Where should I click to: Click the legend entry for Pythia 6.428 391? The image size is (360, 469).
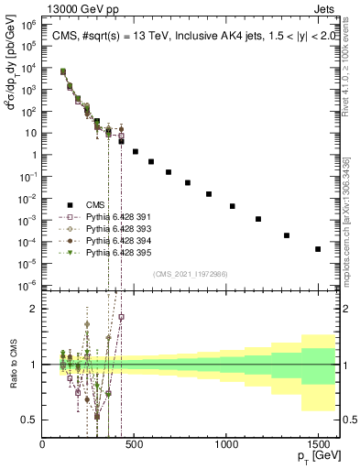click(x=109, y=216)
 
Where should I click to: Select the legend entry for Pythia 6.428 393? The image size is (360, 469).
click(x=109, y=228)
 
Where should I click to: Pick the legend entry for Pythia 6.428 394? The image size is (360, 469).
click(x=109, y=240)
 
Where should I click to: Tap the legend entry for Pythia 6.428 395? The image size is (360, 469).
click(x=109, y=252)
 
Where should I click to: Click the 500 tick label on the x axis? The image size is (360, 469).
click(x=135, y=446)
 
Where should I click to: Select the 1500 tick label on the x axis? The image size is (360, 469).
click(x=318, y=446)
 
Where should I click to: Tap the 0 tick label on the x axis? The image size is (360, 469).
click(x=43, y=446)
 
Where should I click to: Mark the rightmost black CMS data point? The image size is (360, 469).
click(x=318, y=249)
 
